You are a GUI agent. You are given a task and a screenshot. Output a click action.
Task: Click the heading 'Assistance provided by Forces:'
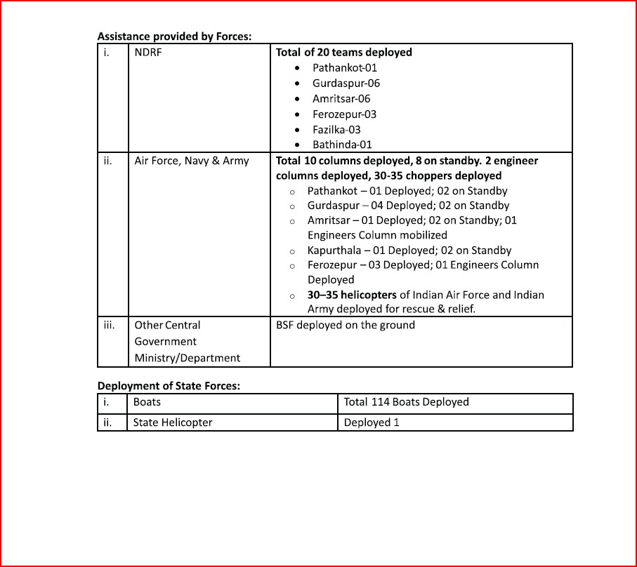pyautogui.click(x=174, y=36)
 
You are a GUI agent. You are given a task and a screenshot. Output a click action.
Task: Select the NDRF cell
pyautogui.click(x=148, y=53)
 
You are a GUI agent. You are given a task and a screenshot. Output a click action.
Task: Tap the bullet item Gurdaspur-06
pyautogui.click(x=346, y=84)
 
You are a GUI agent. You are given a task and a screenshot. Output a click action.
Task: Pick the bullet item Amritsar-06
pyautogui.click(x=341, y=99)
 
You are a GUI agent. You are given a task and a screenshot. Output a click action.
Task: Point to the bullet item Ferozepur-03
pyautogui.click(x=344, y=114)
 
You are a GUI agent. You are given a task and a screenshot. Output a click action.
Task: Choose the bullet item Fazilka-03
pyautogui.click(x=336, y=130)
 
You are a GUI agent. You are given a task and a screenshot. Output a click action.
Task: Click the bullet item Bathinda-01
pyautogui.click(x=342, y=145)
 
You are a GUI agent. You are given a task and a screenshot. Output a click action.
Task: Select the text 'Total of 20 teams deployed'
pyautogui.click(x=344, y=53)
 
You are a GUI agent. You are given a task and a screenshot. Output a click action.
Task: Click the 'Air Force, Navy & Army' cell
pyautogui.click(x=192, y=161)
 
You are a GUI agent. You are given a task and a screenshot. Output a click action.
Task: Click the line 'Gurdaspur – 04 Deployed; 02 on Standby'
pyautogui.click(x=408, y=206)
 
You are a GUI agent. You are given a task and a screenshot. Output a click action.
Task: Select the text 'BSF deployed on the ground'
pyautogui.click(x=346, y=326)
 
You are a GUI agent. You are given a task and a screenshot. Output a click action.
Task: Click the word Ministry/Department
pyautogui.click(x=188, y=358)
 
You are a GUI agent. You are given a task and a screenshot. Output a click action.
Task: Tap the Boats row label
pyautogui.click(x=147, y=402)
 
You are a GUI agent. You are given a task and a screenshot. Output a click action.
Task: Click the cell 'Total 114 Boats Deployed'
pyautogui.click(x=406, y=402)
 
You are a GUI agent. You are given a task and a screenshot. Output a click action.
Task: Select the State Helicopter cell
pyautogui.click(x=173, y=422)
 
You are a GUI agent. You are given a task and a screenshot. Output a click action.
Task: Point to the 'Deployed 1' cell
pyautogui.click(x=372, y=422)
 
